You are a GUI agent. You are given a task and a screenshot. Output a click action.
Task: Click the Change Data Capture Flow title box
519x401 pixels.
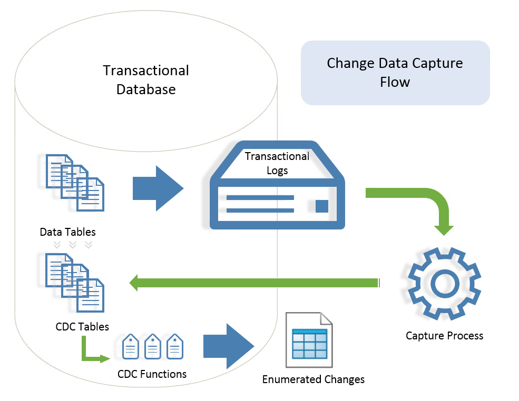click(395, 73)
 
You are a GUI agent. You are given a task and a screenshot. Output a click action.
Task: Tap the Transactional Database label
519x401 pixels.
click(146, 80)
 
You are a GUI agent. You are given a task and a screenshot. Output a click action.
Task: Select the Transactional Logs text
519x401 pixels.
click(277, 163)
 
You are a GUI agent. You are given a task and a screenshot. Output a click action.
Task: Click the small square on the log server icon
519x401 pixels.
click(321, 206)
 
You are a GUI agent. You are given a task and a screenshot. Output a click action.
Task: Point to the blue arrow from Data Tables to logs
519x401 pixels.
click(158, 188)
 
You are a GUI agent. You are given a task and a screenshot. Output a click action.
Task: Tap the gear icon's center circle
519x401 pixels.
click(444, 284)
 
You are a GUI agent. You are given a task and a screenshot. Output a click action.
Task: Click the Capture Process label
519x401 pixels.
click(444, 336)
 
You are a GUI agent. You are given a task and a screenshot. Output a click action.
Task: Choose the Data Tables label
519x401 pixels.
click(68, 232)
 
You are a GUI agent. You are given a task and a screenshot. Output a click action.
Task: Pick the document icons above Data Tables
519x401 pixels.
click(74, 181)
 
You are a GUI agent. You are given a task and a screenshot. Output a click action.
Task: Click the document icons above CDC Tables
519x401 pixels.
click(74, 282)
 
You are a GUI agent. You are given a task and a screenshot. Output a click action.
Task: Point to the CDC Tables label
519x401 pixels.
click(82, 327)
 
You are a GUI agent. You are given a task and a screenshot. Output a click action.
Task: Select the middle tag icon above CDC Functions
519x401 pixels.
click(152, 347)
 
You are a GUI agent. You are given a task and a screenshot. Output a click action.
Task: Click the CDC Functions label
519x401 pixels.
click(152, 374)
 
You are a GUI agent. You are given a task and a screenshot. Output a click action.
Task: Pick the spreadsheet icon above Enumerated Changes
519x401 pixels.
click(309, 340)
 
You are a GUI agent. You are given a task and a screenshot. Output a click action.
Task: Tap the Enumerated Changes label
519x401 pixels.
click(314, 379)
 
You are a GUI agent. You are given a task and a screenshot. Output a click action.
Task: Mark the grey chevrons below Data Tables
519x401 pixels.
click(73, 244)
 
